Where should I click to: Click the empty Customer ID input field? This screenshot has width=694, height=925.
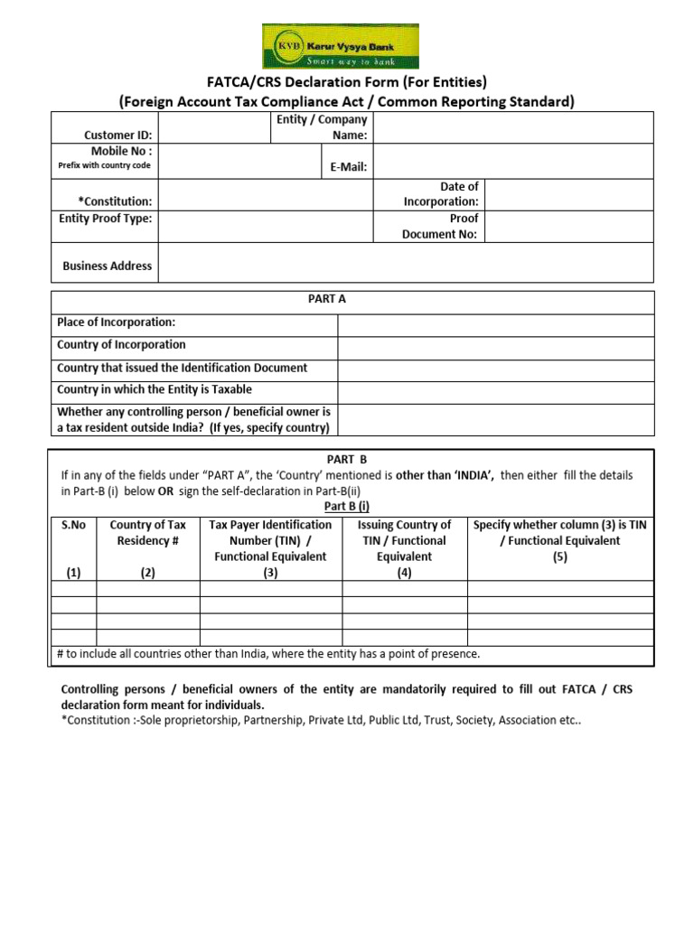click(x=215, y=127)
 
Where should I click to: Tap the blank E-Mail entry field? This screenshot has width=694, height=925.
click(x=512, y=162)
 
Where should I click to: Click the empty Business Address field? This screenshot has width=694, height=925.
click(x=406, y=263)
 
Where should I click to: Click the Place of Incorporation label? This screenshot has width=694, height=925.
click(x=117, y=322)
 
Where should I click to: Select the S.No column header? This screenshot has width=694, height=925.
click(x=73, y=525)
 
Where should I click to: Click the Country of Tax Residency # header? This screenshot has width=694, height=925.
click(x=148, y=533)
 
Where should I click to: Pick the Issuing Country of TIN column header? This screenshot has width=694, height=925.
click(x=404, y=540)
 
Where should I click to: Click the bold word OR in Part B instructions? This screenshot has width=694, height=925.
click(x=167, y=491)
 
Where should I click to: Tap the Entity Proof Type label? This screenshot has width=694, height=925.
click(x=105, y=219)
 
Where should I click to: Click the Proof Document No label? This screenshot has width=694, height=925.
click(x=440, y=227)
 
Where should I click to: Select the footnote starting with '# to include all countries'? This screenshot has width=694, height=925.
click(x=268, y=654)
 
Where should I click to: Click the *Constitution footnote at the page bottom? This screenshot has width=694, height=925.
click(x=321, y=722)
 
